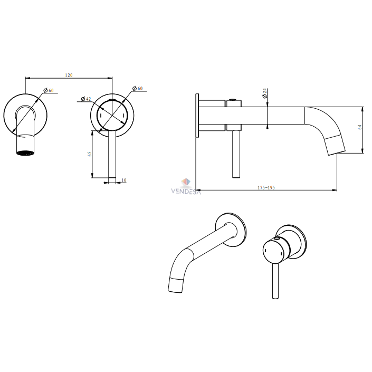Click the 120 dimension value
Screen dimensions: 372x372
[x=69, y=75]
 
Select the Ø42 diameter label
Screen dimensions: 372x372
[x=86, y=99]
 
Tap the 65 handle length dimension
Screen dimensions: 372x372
[x=90, y=154]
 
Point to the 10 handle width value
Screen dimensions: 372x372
[x=124, y=180]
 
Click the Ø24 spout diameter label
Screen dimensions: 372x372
[x=265, y=93]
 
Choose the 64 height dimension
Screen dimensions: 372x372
[x=360, y=127]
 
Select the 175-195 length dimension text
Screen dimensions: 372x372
[x=266, y=188]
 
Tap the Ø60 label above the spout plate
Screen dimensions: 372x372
[x=49, y=90]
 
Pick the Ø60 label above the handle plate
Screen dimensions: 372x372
[x=138, y=89]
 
